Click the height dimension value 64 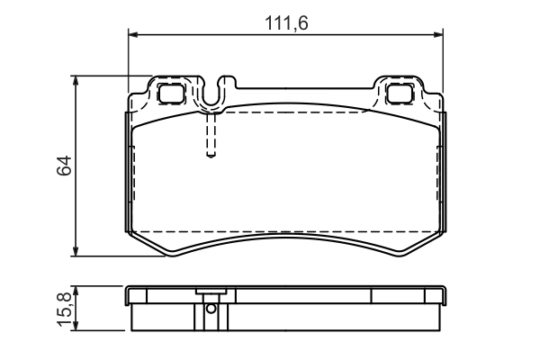point(64,166)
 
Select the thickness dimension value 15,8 point(64,310)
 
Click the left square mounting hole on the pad point(169,92)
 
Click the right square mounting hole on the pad point(399,92)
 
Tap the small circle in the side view point(211,309)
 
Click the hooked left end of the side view point(130,296)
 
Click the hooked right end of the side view point(442,296)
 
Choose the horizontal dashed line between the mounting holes point(297,114)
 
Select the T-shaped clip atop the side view point(211,293)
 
